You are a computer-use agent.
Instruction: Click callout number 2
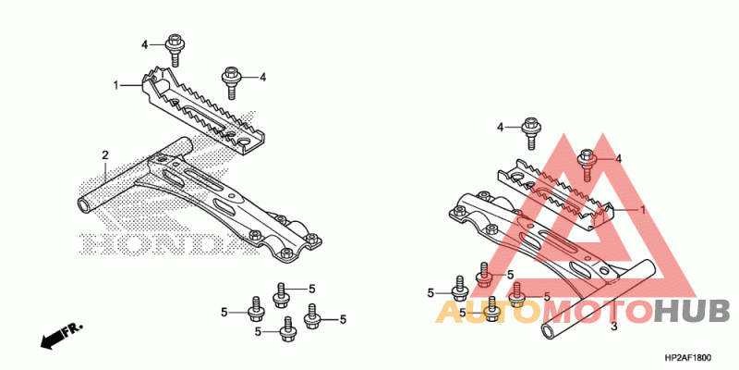tap(105, 154)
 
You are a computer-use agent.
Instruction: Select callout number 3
tap(614, 327)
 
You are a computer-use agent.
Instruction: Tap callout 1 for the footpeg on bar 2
tap(116, 85)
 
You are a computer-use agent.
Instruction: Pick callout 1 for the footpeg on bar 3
tap(641, 210)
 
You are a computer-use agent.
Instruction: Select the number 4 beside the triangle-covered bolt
tap(619, 159)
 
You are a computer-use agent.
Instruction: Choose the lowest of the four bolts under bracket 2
tap(287, 327)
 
